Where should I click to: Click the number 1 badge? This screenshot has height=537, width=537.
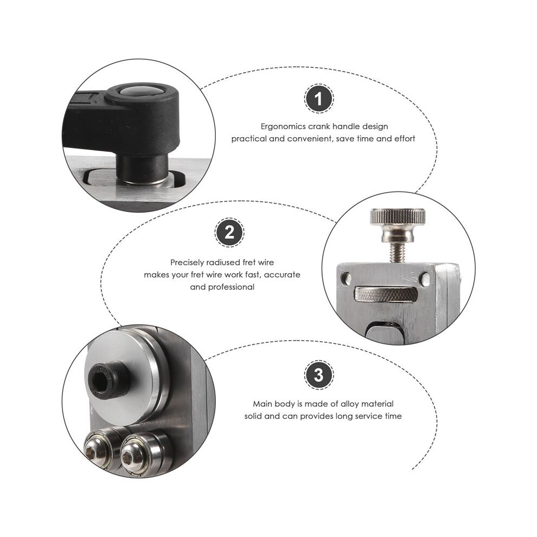[319, 99]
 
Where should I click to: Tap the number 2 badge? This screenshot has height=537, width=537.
[229, 233]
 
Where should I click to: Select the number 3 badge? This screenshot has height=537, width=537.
[319, 375]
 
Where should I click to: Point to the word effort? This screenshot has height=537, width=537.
[405, 139]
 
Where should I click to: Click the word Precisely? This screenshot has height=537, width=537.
[187, 263]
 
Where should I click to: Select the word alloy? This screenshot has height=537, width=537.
[348, 404]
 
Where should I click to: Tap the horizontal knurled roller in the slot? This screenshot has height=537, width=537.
[386, 294]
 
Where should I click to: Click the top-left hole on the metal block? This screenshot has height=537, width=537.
[347, 277]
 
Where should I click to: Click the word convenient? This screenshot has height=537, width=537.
[310, 139]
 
